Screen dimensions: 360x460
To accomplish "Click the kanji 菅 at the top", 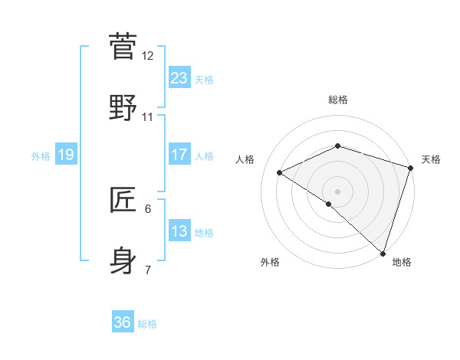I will pyautogui.click(x=123, y=47).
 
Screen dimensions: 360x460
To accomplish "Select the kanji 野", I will pyautogui.click(x=123, y=108).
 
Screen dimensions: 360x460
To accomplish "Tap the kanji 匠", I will pyautogui.click(x=123, y=200).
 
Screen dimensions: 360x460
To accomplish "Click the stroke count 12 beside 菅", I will pyautogui.click(x=148, y=56).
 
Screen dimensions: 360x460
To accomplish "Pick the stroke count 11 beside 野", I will pyautogui.click(x=148, y=117).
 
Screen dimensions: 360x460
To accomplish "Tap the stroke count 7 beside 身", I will pyautogui.click(x=148, y=270).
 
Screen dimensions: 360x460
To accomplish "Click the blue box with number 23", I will pyautogui.click(x=179, y=78).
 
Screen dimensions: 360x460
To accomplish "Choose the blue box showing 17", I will pyautogui.click(x=179, y=155).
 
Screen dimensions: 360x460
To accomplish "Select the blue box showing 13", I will pyautogui.click(x=179, y=231).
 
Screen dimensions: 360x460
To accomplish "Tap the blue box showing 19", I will pyautogui.click(x=65, y=155).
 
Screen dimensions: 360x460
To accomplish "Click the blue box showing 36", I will pyautogui.click(x=123, y=322).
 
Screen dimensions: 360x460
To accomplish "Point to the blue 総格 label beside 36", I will pyautogui.click(x=148, y=324).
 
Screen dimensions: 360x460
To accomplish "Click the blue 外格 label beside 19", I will pyautogui.click(x=41, y=156).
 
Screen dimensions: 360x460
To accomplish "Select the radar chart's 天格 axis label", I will pyautogui.click(x=432, y=159).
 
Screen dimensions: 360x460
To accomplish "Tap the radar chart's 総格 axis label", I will pyautogui.click(x=338, y=100).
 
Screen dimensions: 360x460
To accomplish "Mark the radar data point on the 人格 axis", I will pyautogui.click(x=281, y=173).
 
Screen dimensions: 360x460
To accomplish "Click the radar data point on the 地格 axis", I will pyautogui.click(x=383, y=253).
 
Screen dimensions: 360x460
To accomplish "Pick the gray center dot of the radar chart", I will pyautogui.click(x=338, y=191).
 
